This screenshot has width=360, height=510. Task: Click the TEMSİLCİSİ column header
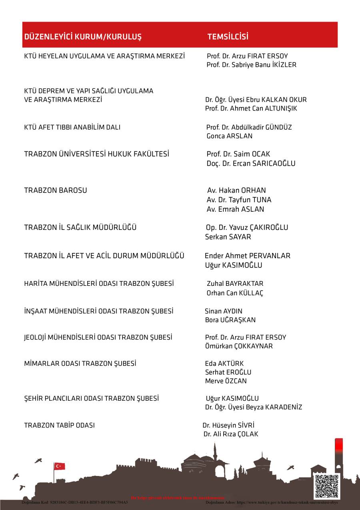tap(228, 37)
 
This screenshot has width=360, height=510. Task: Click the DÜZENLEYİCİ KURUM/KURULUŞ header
tap(83, 37)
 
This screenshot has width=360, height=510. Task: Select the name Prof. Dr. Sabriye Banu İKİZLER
tap(251, 65)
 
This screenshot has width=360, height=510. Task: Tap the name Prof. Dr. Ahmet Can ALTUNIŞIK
tap(251, 108)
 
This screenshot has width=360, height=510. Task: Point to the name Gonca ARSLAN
tap(229, 136)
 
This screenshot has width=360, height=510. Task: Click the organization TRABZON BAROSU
tap(55, 191)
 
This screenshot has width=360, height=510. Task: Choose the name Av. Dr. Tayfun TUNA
tap(239, 200)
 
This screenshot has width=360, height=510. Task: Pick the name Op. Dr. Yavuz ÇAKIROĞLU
tap(247, 227)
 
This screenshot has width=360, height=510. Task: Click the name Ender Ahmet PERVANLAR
tap(247, 256)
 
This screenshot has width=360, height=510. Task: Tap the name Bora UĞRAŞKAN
tap(230, 320)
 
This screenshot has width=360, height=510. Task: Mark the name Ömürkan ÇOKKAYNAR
tap(239, 346)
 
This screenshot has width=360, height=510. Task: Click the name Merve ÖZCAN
tap(226, 381)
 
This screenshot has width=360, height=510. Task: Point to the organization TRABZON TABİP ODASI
tap(59, 426)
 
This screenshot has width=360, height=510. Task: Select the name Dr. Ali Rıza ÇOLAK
tap(231, 434)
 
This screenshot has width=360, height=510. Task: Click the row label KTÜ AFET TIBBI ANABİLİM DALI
tap(72, 127)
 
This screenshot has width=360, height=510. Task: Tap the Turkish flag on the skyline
tap(60, 466)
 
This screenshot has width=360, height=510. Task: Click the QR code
tap(326, 486)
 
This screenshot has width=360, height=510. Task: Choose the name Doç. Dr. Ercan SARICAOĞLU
tap(251, 163)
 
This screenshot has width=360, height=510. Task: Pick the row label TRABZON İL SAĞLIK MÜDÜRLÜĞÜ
tap(80, 227)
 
